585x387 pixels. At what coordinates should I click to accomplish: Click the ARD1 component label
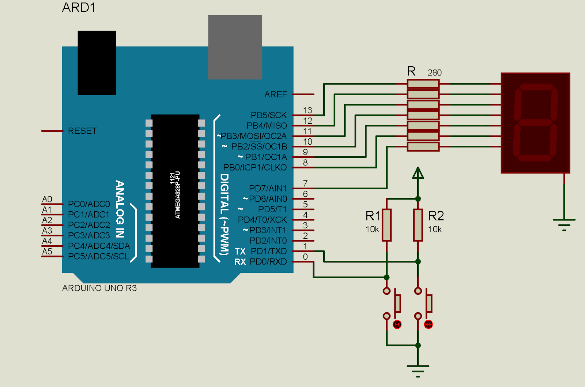[x=79, y=7]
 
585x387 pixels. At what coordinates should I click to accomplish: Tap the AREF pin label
[x=276, y=94]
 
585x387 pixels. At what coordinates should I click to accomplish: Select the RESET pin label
[x=82, y=131]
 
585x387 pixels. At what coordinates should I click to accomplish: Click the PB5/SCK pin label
[x=269, y=115]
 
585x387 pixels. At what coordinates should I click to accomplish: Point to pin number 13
[x=307, y=110]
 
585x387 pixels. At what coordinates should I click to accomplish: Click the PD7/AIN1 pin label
[x=268, y=189]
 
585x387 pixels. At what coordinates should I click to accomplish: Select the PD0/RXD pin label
[x=268, y=262]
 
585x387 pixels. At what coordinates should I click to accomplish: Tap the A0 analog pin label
[x=47, y=199]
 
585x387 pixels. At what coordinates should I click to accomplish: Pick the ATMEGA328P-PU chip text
[x=178, y=195]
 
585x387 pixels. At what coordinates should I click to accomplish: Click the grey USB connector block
[x=235, y=47]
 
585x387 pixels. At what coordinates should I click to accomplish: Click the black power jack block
[x=97, y=63]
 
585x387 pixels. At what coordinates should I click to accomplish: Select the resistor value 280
[x=434, y=73]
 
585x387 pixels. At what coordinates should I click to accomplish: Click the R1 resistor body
[x=386, y=225]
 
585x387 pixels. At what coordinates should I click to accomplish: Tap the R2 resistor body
[x=418, y=225]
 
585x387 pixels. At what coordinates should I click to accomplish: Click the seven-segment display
[x=535, y=123]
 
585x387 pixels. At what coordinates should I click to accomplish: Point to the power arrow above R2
[x=418, y=173]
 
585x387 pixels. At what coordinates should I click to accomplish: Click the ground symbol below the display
[x=564, y=223]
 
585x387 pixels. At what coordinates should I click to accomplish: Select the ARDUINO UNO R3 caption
[x=99, y=288]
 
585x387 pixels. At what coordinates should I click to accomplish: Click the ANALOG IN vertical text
[x=120, y=209]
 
